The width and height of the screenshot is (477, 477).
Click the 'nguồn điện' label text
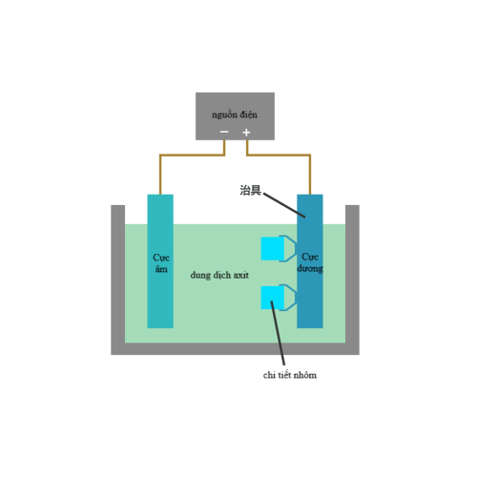tap(235, 114)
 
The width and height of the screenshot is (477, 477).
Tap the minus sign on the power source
tap(224, 132)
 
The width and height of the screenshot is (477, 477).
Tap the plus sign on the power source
tap(246, 133)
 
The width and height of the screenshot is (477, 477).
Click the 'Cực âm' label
tap(161, 263)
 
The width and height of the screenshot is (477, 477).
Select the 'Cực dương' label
tap(310, 262)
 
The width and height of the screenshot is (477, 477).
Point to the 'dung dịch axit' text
tap(219, 276)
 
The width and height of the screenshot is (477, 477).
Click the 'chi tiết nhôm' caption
tap(290, 375)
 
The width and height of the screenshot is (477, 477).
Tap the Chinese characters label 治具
tap(250, 190)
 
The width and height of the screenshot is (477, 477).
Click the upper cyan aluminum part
tap(273, 249)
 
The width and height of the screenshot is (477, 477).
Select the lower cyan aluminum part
tap(273, 298)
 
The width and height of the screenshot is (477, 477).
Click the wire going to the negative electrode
tap(192, 156)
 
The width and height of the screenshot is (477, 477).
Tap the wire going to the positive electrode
tap(279, 156)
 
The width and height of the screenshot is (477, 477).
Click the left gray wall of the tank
tap(117, 280)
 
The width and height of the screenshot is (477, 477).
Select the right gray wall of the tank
tap(352, 280)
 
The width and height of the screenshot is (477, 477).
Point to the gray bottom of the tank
tap(235, 349)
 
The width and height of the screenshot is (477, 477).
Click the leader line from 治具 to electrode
tap(284, 205)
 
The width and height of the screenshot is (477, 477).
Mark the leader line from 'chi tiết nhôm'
tap(278, 333)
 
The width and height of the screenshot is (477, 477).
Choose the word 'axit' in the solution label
tap(240, 275)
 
